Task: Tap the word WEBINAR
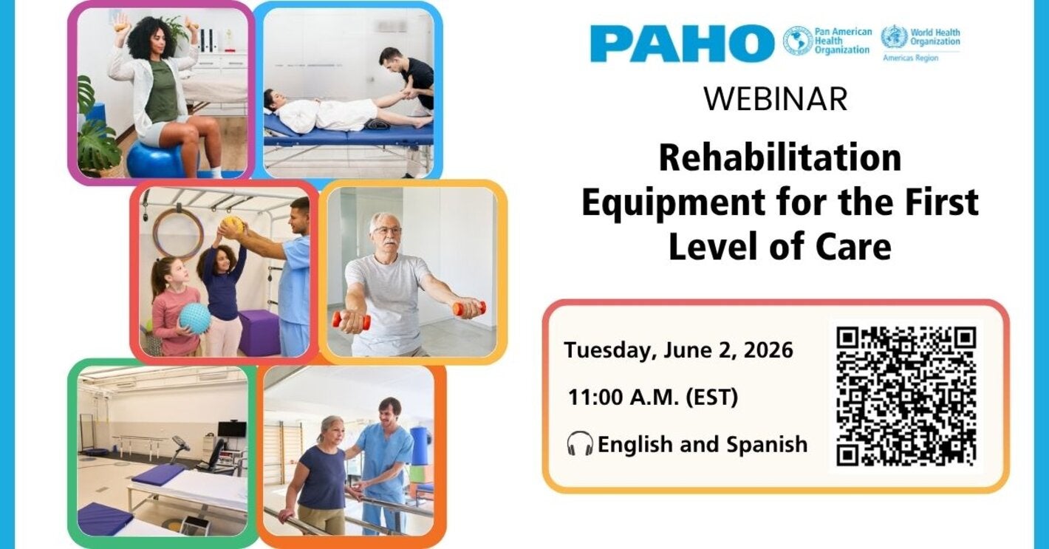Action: (x=775, y=99)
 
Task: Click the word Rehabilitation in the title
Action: (x=779, y=157)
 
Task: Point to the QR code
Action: (x=906, y=396)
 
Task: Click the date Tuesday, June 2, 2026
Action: (x=678, y=349)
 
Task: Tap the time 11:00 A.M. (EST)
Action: (x=653, y=398)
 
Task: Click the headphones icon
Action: (x=580, y=444)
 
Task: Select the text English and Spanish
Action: (x=702, y=445)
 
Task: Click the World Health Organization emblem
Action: (x=894, y=37)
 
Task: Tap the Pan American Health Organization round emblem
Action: (x=797, y=41)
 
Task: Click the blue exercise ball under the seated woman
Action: (x=155, y=160)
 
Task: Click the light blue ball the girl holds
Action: (x=194, y=318)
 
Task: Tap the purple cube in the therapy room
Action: (x=259, y=333)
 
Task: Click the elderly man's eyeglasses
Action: (x=387, y=231)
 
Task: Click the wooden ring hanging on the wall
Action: (x=178, y=233)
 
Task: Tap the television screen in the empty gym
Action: (x=231, y=429)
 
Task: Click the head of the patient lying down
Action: (x=271, y=98)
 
